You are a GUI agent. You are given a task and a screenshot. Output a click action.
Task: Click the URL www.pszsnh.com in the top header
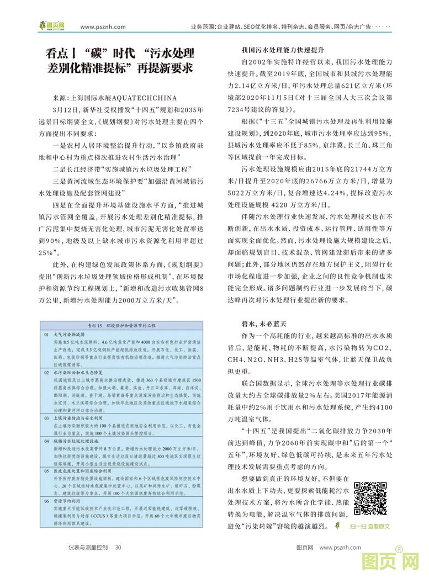click(x=103, y=26)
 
